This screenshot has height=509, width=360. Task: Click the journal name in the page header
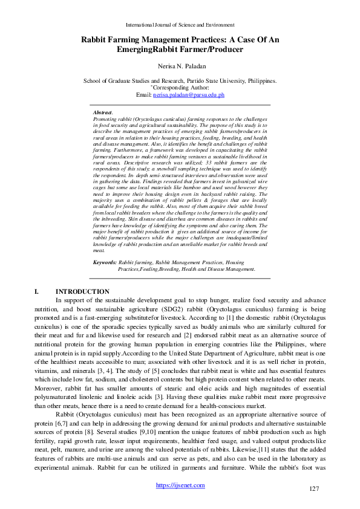pos(180,24)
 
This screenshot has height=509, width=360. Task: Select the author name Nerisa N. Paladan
pos(180,66)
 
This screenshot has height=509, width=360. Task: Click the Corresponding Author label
pos(180,88)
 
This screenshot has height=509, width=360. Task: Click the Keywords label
pos(105,262)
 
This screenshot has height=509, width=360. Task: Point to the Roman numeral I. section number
pos(38,291)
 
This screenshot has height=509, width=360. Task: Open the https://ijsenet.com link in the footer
pos(180,485)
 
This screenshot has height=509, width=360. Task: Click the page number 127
pos(313,488)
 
